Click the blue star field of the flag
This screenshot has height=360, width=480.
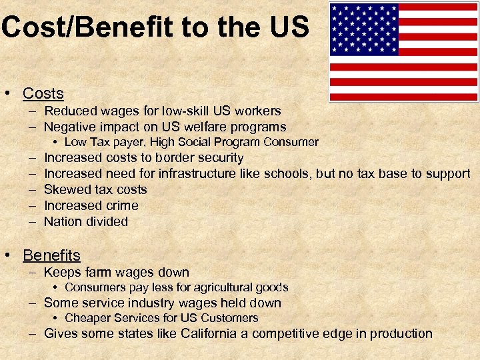click(364, 29)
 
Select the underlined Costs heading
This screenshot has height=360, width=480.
click(43, 93)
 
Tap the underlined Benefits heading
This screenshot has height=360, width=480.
click(51, 255)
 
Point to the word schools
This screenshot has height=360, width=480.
click(289, 174)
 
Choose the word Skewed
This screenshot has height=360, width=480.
click(65, 190)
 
